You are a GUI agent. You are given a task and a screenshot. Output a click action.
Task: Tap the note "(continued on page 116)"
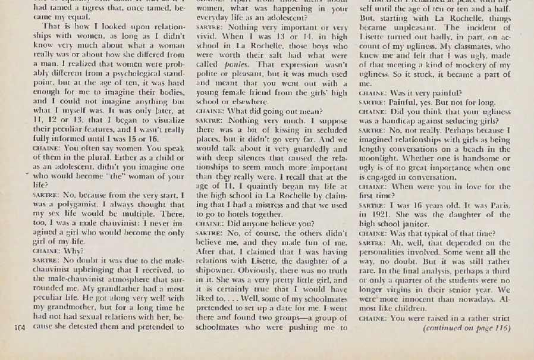466,327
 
